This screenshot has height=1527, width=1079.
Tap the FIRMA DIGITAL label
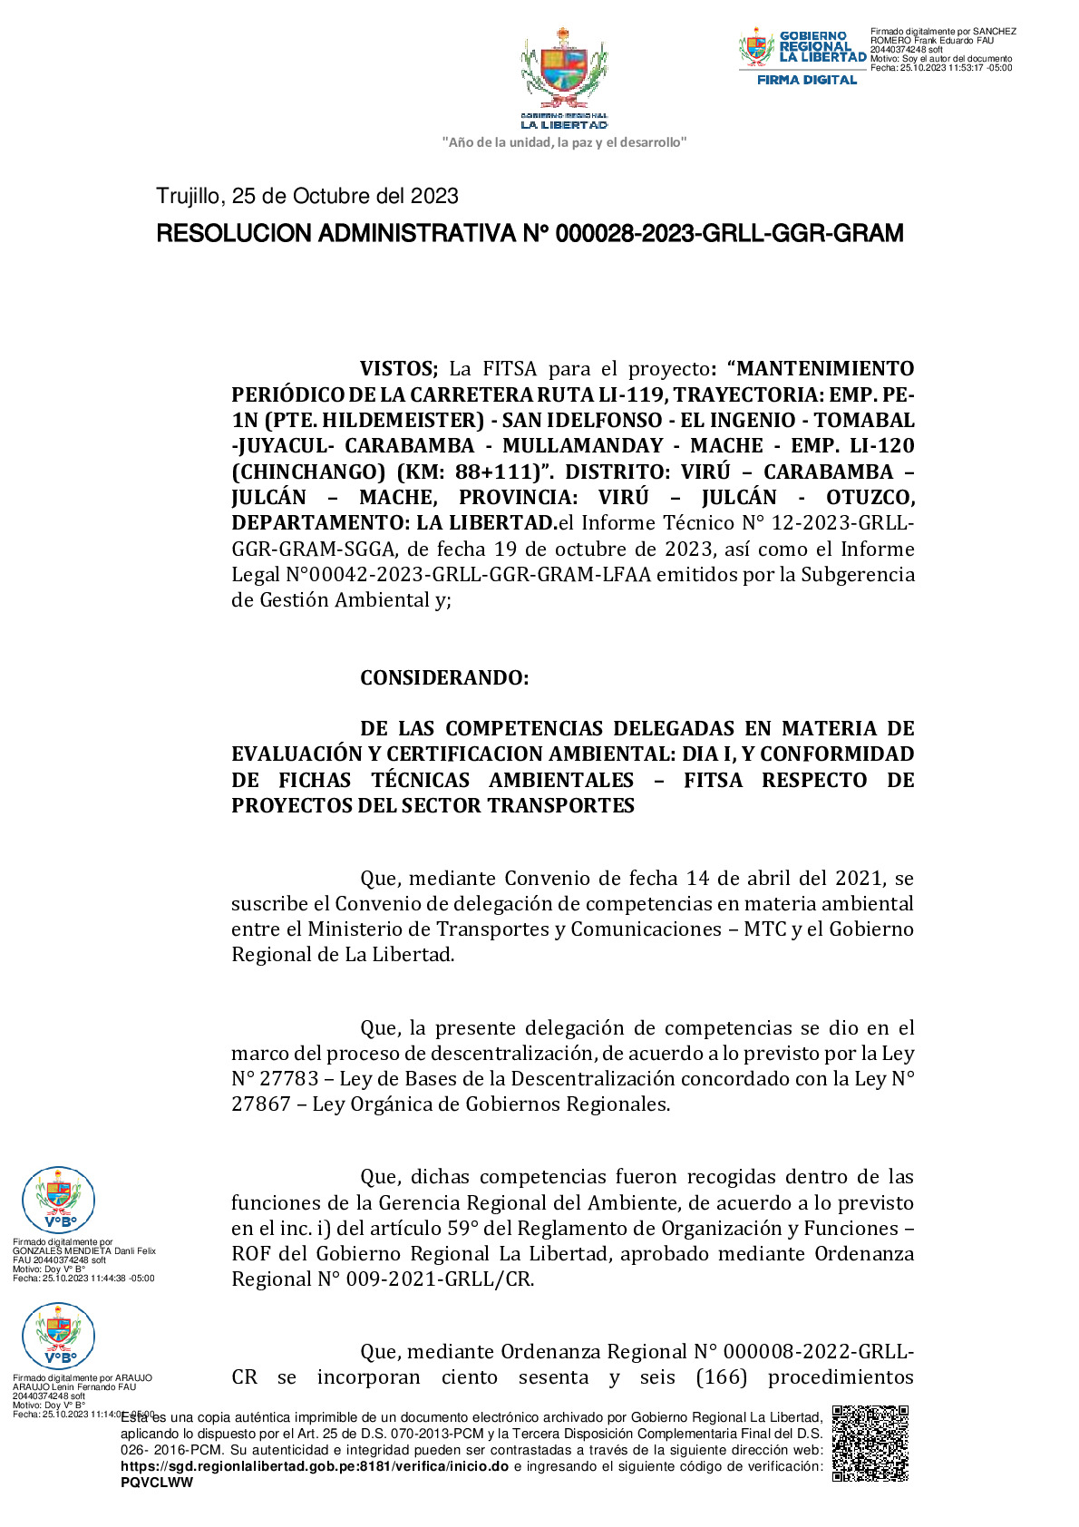click(x=806, y=80)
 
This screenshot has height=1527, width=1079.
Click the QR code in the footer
click(x=870, y=1443)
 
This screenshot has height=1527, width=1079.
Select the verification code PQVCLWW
click(x=157, y=1483)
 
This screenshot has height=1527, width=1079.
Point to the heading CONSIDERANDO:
click(x=444, y=678)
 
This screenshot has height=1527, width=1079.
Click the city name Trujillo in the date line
click(x=188, y=196)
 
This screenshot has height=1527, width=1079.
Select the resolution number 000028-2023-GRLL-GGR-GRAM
click(x=729, y=234)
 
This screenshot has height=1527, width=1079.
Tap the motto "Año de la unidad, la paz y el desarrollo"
click(x=564, y=142)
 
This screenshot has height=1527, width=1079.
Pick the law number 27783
click(x=288, y=1079)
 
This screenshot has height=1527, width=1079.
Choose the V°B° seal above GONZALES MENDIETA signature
click(x=58, y=1201)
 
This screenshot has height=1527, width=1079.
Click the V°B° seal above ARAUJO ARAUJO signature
click(x=58, y=1336)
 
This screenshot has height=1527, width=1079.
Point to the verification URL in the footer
click(x=314, y=1466)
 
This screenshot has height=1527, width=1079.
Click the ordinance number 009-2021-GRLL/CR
click(x=440, y=1279)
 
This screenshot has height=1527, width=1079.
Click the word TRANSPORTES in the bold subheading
click(x=563, y=806)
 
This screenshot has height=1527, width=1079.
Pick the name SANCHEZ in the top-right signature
click(x=995, y=32)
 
